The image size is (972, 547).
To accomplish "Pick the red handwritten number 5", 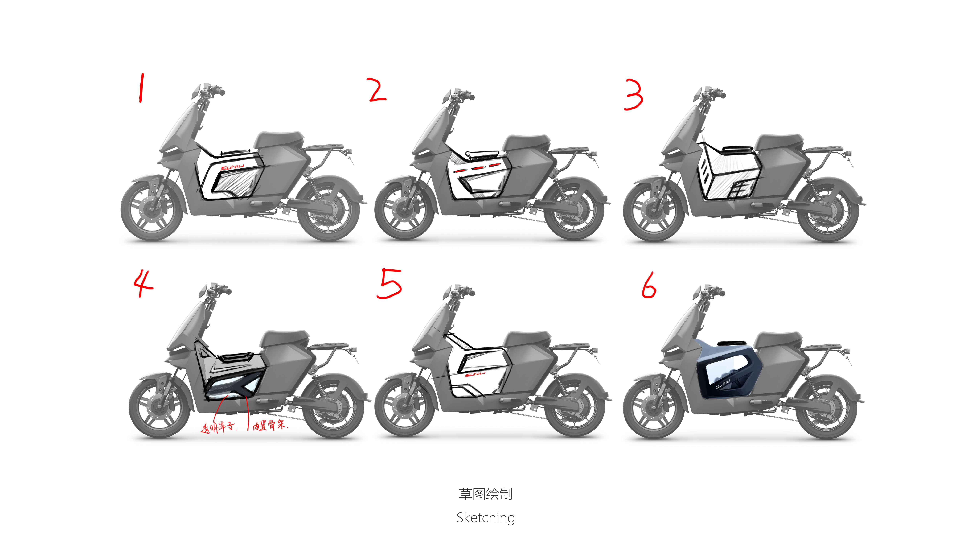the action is (389, 283).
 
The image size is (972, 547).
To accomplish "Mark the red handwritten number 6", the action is (649, 285).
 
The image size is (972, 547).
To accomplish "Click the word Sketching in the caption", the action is (486, 518).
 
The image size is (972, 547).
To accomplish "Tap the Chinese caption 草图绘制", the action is (486, 494).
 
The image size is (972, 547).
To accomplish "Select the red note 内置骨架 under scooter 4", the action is (269, 426).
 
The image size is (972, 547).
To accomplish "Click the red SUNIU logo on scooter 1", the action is (232, 167).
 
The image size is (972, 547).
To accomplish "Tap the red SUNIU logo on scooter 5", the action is (475, 374).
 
